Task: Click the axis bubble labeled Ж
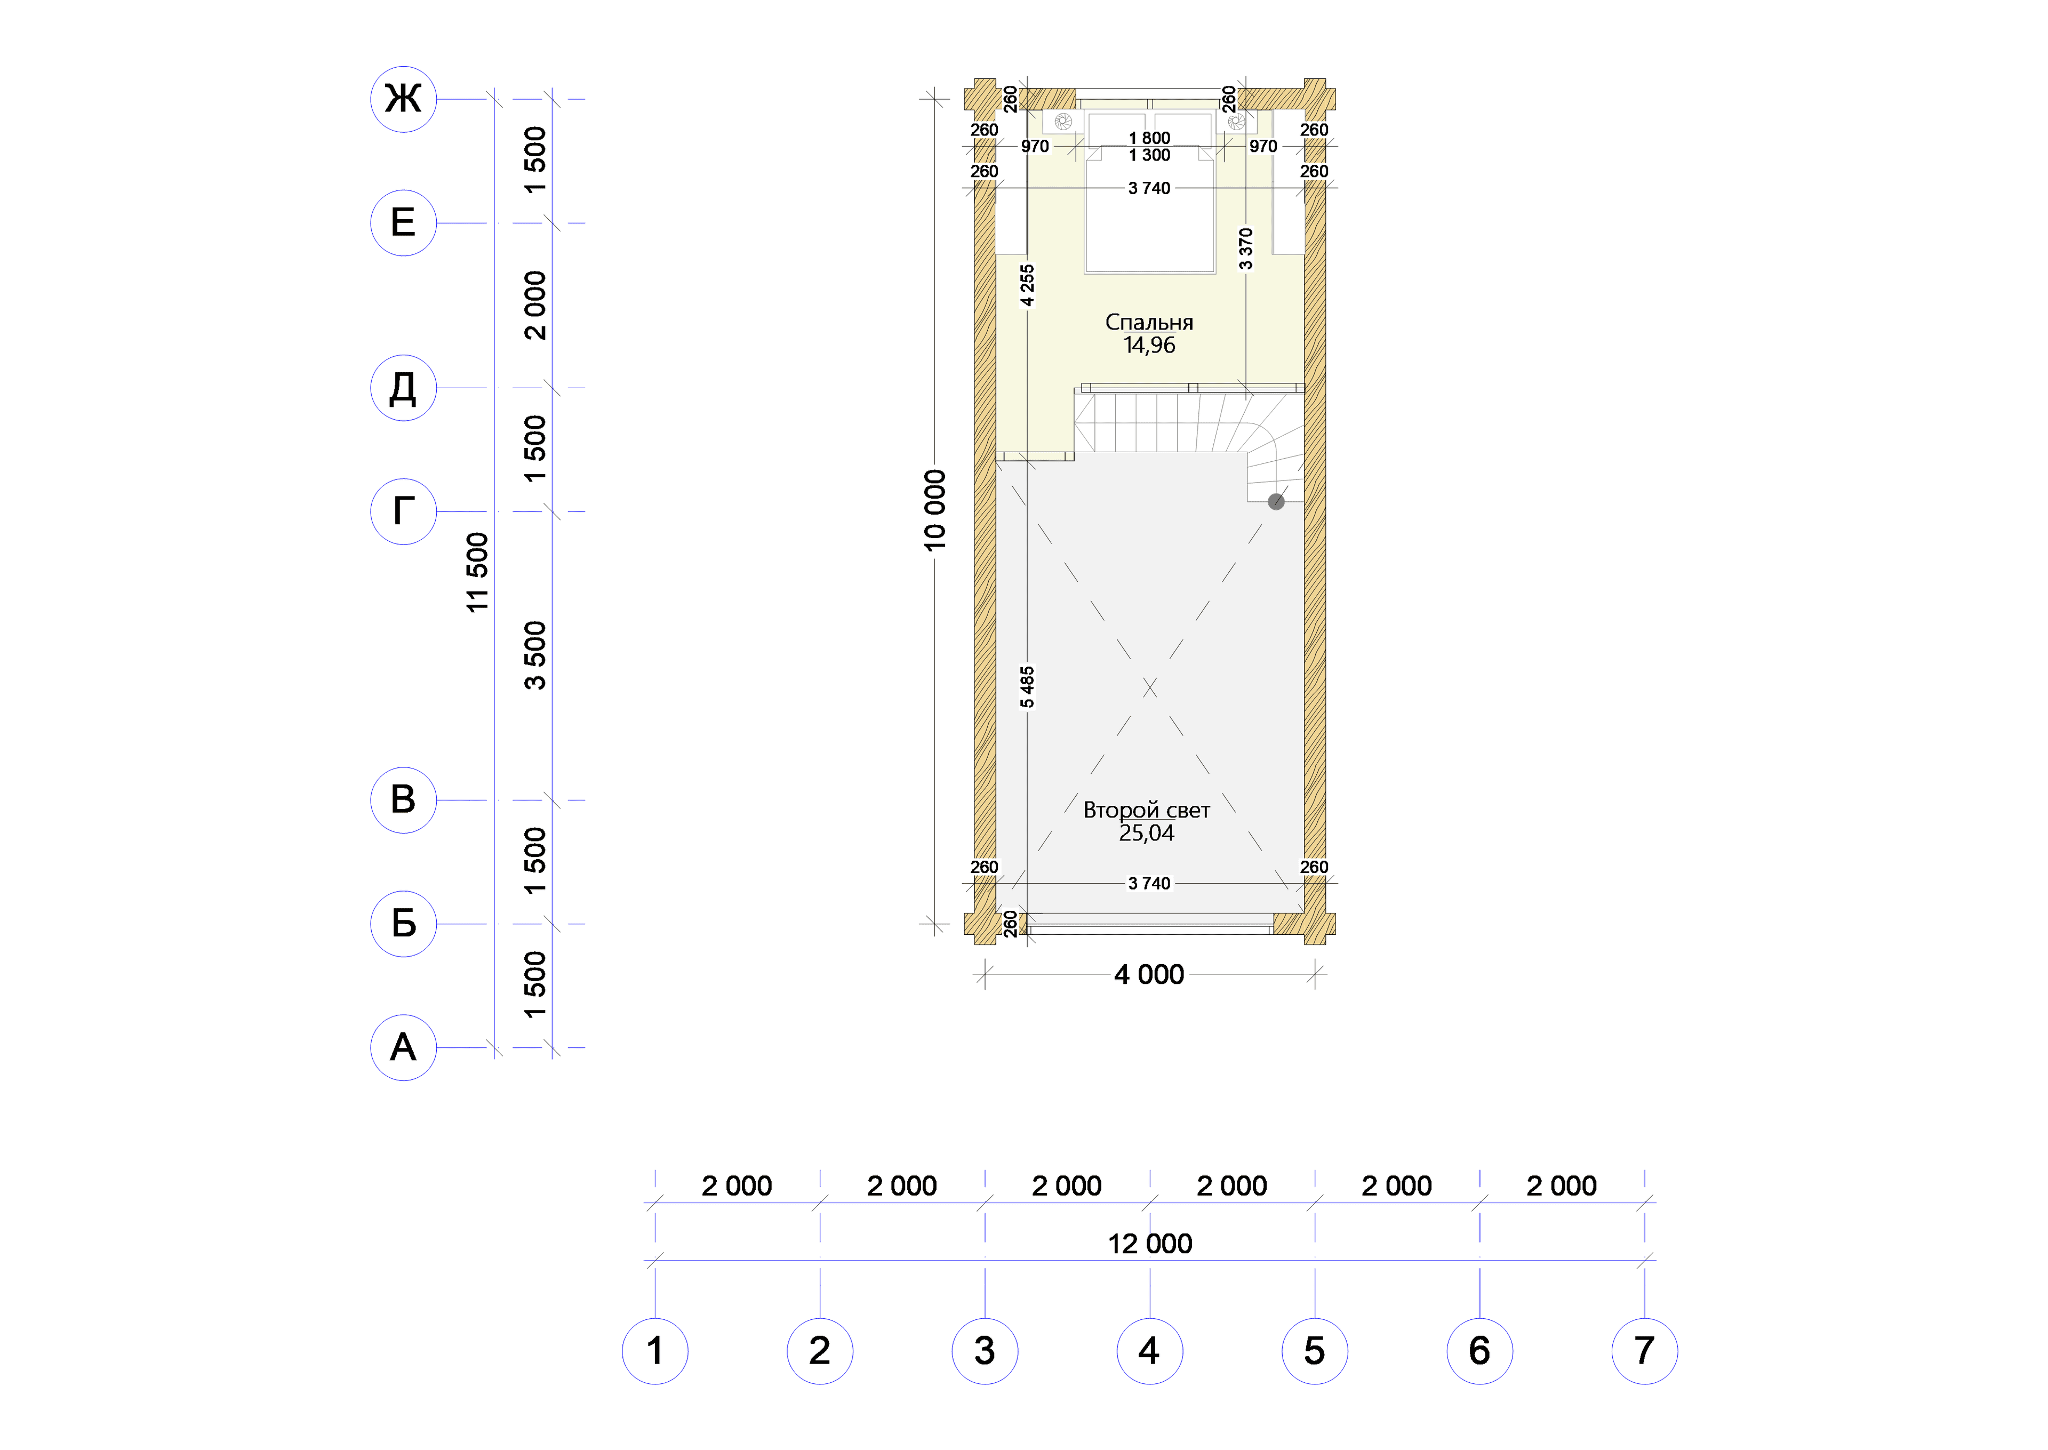click(404, 99)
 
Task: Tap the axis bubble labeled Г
click(404, 511)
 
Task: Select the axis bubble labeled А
click(404, 1047)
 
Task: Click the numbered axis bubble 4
click(1150, 1351)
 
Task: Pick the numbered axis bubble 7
click(1644, 1351)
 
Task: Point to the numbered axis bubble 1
click(655, 1351)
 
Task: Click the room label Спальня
click(1149, 322)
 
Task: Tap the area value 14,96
click(1149, 346)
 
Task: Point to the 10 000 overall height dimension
click(934, 510)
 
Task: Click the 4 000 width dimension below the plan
click(1149, 974)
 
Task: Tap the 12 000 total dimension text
click(1150, 1244)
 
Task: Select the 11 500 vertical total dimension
click(478, 572)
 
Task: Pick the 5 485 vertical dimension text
click(1028, 687)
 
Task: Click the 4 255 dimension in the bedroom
click(1028, 285)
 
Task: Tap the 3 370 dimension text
click(1245, 248)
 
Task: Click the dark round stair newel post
click(1277, 502)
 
